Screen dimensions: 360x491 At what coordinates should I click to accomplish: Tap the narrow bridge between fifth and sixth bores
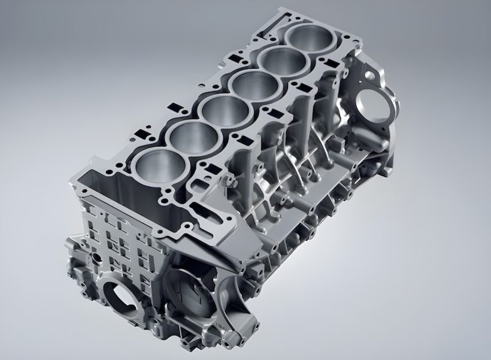coord(296,50)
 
